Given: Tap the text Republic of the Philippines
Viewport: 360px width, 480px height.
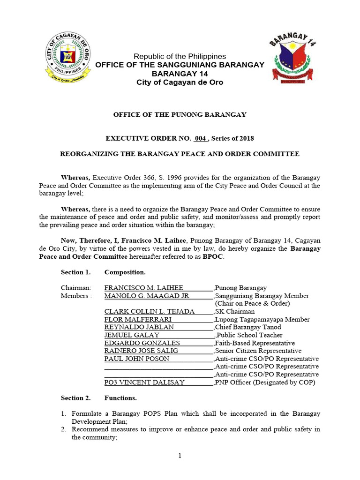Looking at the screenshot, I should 180,56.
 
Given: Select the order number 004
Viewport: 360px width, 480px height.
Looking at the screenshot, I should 200,138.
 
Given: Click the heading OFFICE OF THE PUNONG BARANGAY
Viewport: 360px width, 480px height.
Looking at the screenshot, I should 180,114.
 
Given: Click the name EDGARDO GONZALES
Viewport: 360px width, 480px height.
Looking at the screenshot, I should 142,343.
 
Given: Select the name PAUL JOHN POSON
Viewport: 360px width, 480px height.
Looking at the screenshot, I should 136,359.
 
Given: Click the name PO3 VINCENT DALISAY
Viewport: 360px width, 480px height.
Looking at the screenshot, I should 144,382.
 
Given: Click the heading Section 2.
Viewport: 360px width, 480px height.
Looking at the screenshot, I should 75,398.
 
